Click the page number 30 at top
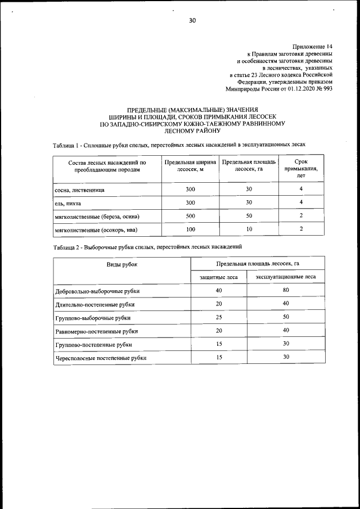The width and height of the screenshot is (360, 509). (192, 21)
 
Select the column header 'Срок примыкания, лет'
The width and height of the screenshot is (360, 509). (301, 168)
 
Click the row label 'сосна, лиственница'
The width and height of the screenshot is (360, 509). (79, 190)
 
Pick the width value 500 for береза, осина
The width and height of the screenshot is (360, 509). (190, 216)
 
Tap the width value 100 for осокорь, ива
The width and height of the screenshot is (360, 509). (190, 229)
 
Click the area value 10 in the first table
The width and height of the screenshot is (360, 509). (249, 229)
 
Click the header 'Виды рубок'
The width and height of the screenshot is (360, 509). (122, 263)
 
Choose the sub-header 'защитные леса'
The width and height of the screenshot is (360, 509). (219, 277)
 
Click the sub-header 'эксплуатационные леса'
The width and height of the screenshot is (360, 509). (286, 277)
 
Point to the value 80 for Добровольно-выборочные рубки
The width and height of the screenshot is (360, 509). (286, 290)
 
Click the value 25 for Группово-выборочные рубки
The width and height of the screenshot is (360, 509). (219, 317)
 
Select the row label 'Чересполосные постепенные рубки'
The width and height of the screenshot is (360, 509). (101, 358)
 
